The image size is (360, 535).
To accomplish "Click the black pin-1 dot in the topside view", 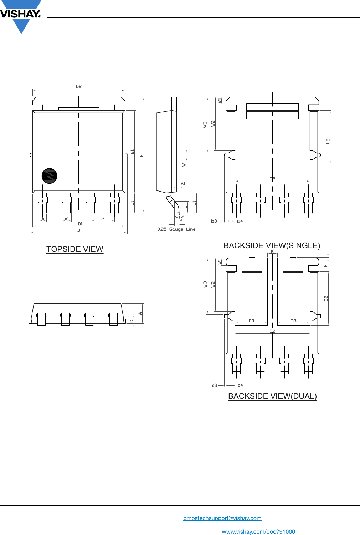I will [49, 176].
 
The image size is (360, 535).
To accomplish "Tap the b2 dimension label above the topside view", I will [79, 86].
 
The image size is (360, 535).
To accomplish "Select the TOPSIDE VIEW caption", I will [75, 249].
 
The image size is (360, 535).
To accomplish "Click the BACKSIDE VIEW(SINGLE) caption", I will [272, 245].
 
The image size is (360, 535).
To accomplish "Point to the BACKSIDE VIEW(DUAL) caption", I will [272, 396].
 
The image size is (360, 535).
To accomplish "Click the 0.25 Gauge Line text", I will [176, 229].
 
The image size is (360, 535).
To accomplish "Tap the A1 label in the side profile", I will [183, 184].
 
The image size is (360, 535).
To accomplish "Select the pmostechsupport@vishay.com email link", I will [222, 518].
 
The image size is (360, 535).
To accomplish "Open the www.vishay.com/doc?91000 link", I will [258, 531].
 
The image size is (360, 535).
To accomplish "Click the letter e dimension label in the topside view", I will [103, 219].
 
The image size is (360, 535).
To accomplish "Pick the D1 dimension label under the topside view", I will [80, 224].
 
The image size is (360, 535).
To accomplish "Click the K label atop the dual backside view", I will [272, 251].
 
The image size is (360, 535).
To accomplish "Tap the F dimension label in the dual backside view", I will [325, 265].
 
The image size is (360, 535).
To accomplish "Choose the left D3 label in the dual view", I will [251, 321].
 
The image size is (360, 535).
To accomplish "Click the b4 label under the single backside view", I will [240, 221].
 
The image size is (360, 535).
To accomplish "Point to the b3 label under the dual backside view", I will [214, 385].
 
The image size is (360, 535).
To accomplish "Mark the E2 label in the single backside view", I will [328, 141].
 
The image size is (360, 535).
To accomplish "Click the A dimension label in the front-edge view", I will [140, 314].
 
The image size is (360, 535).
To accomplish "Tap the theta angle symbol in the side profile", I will [181, 220].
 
